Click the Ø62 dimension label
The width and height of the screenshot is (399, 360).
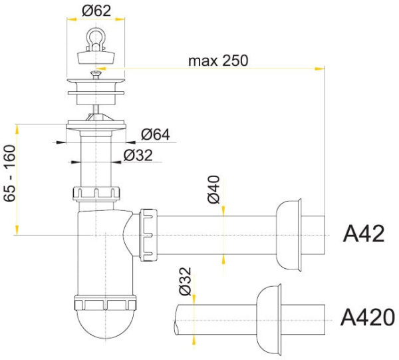click(x=96, y=11)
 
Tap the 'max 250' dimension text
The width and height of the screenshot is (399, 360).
click(x=218, y=61)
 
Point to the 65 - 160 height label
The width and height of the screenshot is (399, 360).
click(x=10, y=174)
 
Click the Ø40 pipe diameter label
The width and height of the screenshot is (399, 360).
click(x=213, y=190)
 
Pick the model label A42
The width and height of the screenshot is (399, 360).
click(x=363, y=234)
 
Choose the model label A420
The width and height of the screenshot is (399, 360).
click(x=368, y=317)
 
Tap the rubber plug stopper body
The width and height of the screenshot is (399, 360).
click(x=96, y=57)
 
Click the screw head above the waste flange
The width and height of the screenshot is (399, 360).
click(x=96, y=74)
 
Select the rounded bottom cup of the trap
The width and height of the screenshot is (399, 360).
click(x=105, y=323)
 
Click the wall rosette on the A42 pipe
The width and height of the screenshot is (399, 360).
click(x=289, y=234)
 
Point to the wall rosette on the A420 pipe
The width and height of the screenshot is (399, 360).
click(x=269, y=319)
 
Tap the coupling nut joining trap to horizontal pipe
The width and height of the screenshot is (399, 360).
click(x=148, y=235)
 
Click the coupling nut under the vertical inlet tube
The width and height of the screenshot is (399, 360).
click(x=96, y=194)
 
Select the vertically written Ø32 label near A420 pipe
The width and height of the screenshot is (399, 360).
click(x=185, y=281)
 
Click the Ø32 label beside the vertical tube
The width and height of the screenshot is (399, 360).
click(x=138, y=155)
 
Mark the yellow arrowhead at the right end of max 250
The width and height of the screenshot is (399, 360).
click(x=320, y=69)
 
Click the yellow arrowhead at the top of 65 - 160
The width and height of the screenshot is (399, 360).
click(x=17, y=129)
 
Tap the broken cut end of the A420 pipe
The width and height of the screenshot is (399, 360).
click(x=176, y=319)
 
